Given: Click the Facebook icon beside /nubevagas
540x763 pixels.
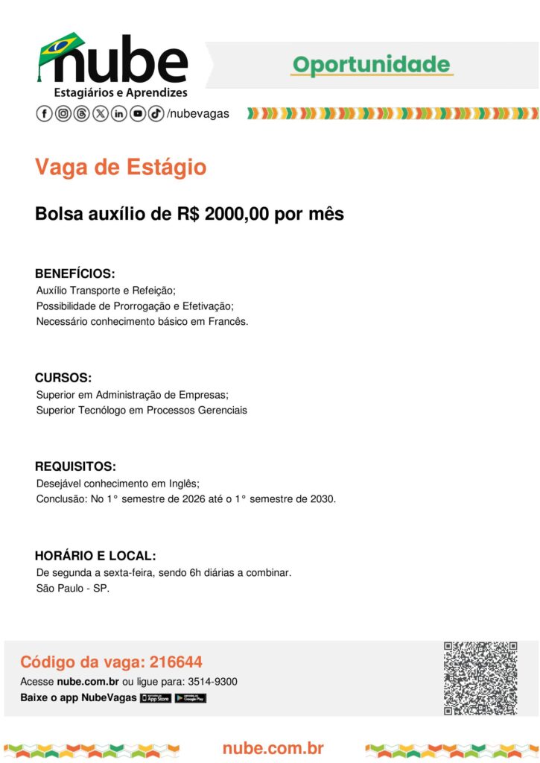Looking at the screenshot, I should [45, 114].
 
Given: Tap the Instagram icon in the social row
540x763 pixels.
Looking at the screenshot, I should [63, 114].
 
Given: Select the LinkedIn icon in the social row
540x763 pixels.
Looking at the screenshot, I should [119, 114].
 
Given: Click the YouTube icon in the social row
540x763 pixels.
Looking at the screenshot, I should [138, 114].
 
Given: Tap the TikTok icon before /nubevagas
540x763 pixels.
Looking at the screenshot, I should [156, 114].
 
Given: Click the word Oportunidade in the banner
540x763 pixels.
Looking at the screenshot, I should [372, 65].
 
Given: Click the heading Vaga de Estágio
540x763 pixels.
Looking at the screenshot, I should [121, 168].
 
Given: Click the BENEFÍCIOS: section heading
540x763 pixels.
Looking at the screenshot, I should [74, 273].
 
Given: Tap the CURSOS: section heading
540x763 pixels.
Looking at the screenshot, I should [63, 378].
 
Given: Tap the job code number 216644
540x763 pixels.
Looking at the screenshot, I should [176, 662].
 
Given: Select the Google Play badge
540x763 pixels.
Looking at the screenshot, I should [190, 698].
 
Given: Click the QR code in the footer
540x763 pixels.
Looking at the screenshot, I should [480, 678].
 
